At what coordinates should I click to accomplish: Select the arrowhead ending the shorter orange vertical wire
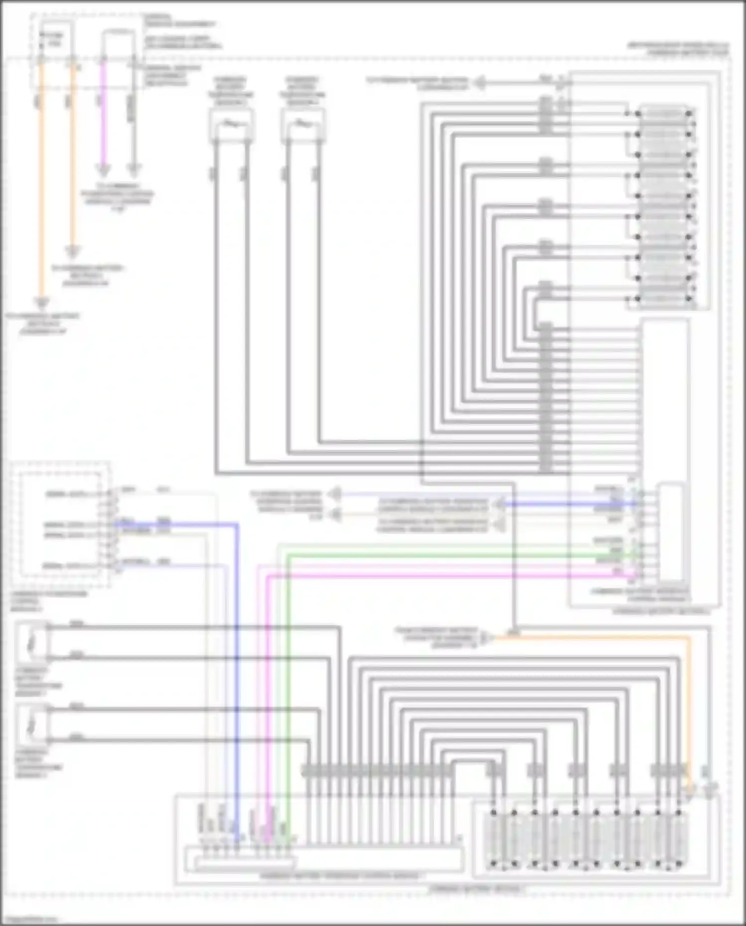click(73, 252)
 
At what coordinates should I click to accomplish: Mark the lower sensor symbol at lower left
click(32, 724)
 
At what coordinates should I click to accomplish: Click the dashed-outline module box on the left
click(60, 524)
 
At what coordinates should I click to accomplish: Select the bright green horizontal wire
click(448, 555)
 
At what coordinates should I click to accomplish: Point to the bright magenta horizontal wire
click(448, 576)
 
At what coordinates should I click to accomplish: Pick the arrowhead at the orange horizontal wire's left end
click(490, 637)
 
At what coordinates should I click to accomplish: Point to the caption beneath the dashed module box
click(48, 601)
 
